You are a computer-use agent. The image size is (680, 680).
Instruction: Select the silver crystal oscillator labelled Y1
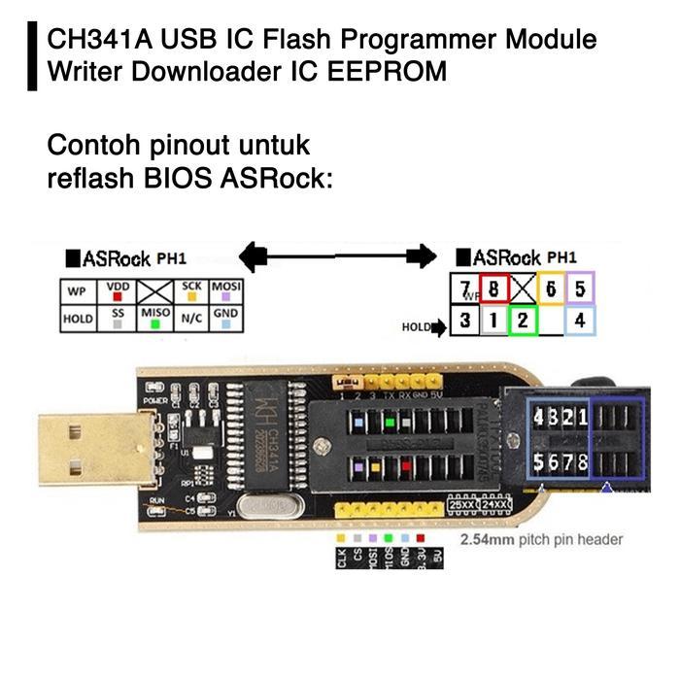click(x=262, y=508)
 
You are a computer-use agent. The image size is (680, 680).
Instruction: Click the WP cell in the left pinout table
click(x=77, y=291)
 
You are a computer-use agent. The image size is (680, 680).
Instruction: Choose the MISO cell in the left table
click(x=155, y=318)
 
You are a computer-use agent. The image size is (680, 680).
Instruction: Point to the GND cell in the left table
click(x=225, y=318)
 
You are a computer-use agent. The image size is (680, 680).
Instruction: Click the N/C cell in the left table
click(x=190, y=318)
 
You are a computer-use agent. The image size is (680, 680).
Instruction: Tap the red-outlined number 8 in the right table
click(x=494, y=289)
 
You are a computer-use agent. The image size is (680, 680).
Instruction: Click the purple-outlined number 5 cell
click(x=579, y=289)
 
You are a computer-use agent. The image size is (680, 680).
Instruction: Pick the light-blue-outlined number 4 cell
click(x=579, y=319)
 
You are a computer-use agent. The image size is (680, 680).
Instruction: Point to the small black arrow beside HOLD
click(x=439, y=327)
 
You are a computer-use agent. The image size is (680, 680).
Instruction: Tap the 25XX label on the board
click(x=461, y=505)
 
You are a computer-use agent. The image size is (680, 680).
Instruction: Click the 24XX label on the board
click(x=495, y=505)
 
